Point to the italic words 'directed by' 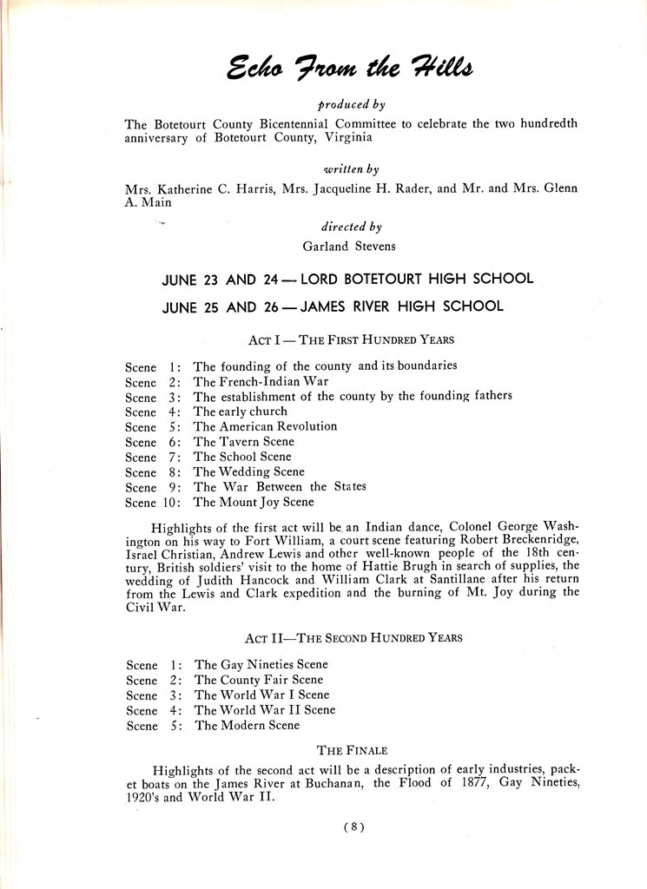(351, 227)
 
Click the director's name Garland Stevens (348, 246)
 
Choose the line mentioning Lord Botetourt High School (347, 279)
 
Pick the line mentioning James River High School (333, 306)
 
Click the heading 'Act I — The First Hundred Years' (351, 339)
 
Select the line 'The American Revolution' (265, 426)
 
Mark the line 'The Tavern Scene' (243, 442)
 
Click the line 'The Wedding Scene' (248, 471)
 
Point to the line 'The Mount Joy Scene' (254, 502)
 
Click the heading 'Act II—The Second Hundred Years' (353, 638)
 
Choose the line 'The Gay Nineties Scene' (261, 665)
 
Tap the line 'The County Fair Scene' (258, 680)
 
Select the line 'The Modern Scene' (247, 725)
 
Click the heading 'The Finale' (352, 750)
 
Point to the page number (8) (353, 827)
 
